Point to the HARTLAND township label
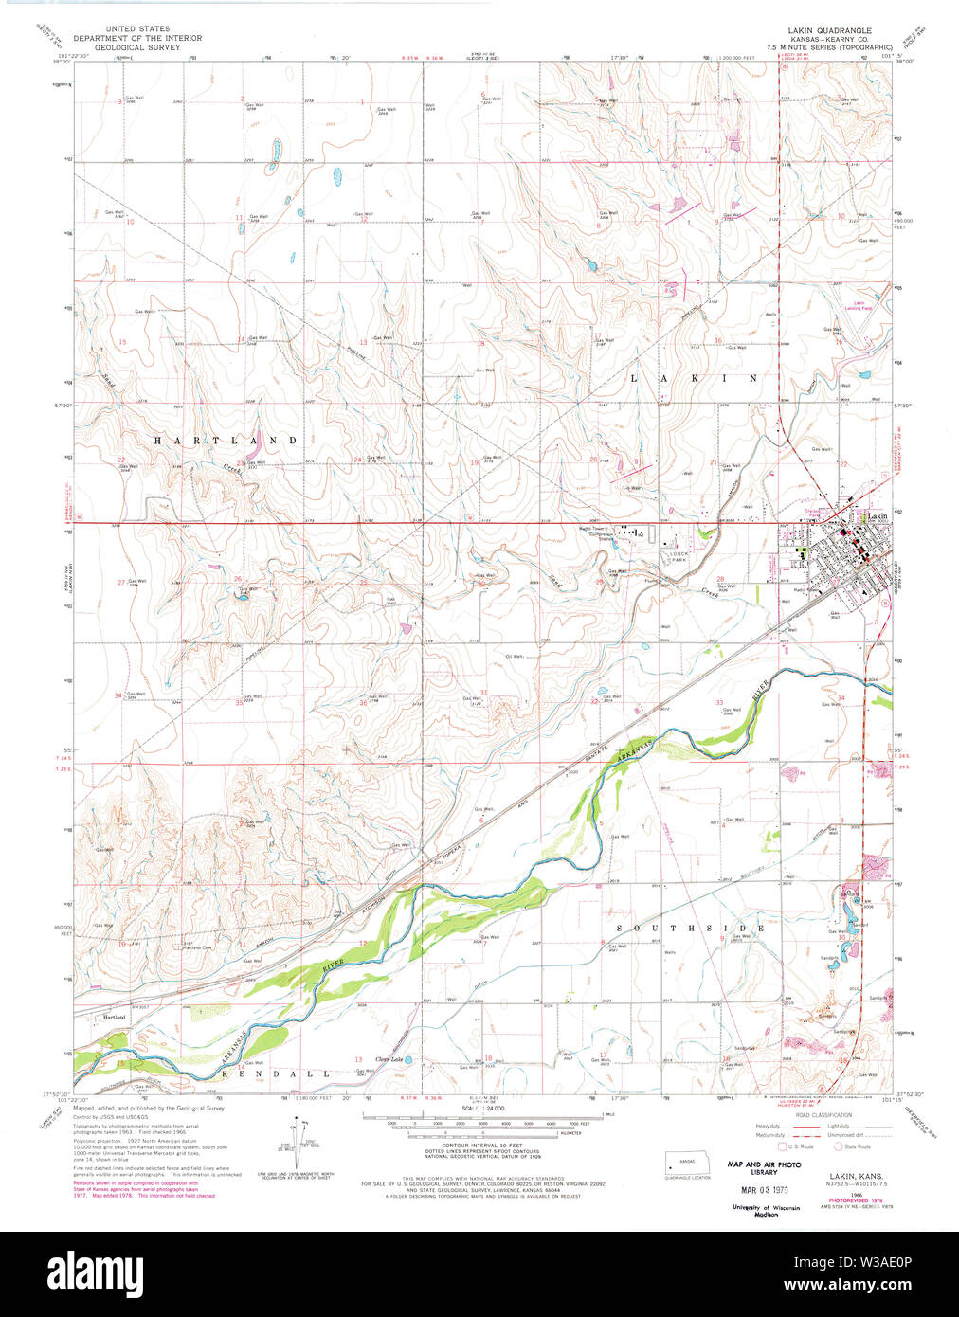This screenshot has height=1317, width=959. pyautogui.click(x=226, y=441)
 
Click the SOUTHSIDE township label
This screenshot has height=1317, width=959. pyautogui.click(x=690, y=928)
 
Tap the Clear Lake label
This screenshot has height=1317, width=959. pyautogui.click(x=389, y=1059)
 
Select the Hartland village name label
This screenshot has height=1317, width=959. pyautogui.click(x=111, y=1017)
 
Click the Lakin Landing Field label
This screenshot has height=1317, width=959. pyautogui.click(x=858, y=305)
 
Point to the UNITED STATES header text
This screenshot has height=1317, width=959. pyautogui.click(x=137, y=29)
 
